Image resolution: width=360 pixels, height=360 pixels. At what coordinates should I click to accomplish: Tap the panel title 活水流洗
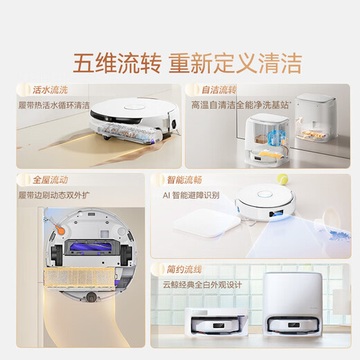(x=49, y=90)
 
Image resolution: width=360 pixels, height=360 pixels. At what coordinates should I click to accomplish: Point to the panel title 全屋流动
(x=49, y=179)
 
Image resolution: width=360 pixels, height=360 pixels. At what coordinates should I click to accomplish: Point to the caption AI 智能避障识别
(x=191, y=195)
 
